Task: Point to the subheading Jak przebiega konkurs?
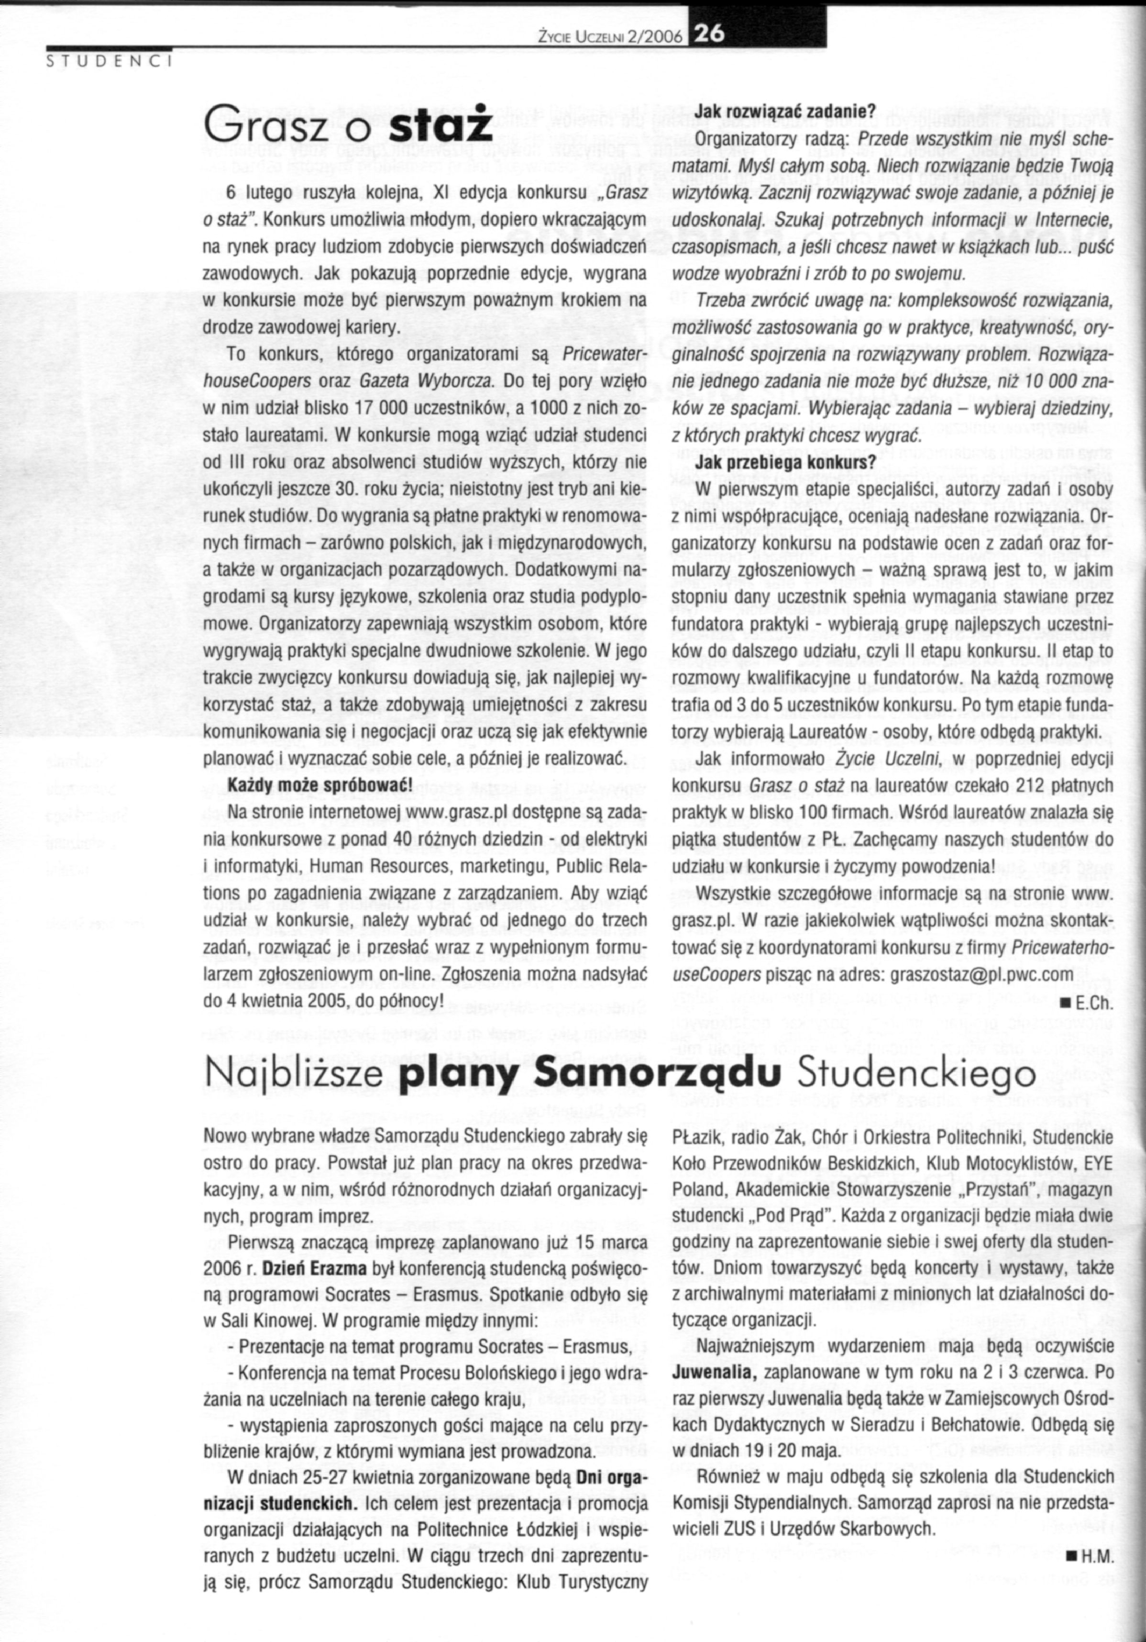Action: point(775,463)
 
